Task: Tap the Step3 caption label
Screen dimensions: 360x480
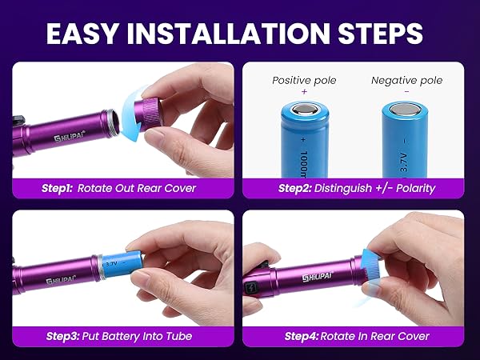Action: [x=62, y=336]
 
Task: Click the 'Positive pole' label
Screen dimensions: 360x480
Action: [x=303, y=80]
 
